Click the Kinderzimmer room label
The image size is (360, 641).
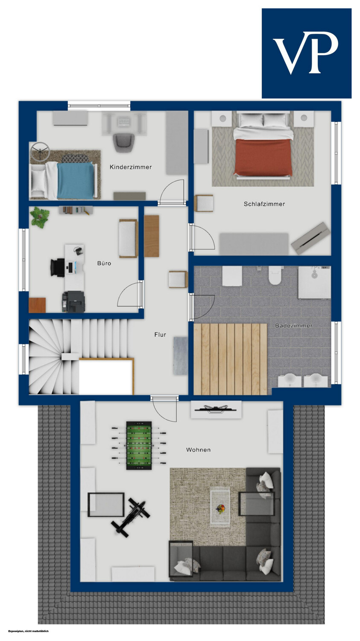click(131, 167)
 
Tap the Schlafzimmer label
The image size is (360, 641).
click(264, 204)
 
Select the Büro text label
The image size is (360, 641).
click(104, 263)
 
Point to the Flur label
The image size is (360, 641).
click(160, 335)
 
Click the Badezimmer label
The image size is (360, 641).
click(294, 325)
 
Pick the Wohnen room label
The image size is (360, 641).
click(199, 450)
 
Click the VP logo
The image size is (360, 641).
click(307, 53)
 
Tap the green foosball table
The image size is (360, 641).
click(139, 445)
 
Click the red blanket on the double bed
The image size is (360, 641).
click(263, 157)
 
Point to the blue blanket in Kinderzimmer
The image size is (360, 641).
click(75, 181)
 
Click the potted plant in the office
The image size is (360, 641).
click(40, 217)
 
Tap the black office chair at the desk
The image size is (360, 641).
click(58, 268)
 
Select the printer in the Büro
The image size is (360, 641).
click(73, 302)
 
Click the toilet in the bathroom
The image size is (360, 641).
click(275, 275)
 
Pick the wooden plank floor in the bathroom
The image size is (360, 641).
click(230, 359)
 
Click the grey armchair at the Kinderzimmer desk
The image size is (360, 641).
click(124, 143)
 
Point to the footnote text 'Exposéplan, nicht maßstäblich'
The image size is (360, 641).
click(29, 631)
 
